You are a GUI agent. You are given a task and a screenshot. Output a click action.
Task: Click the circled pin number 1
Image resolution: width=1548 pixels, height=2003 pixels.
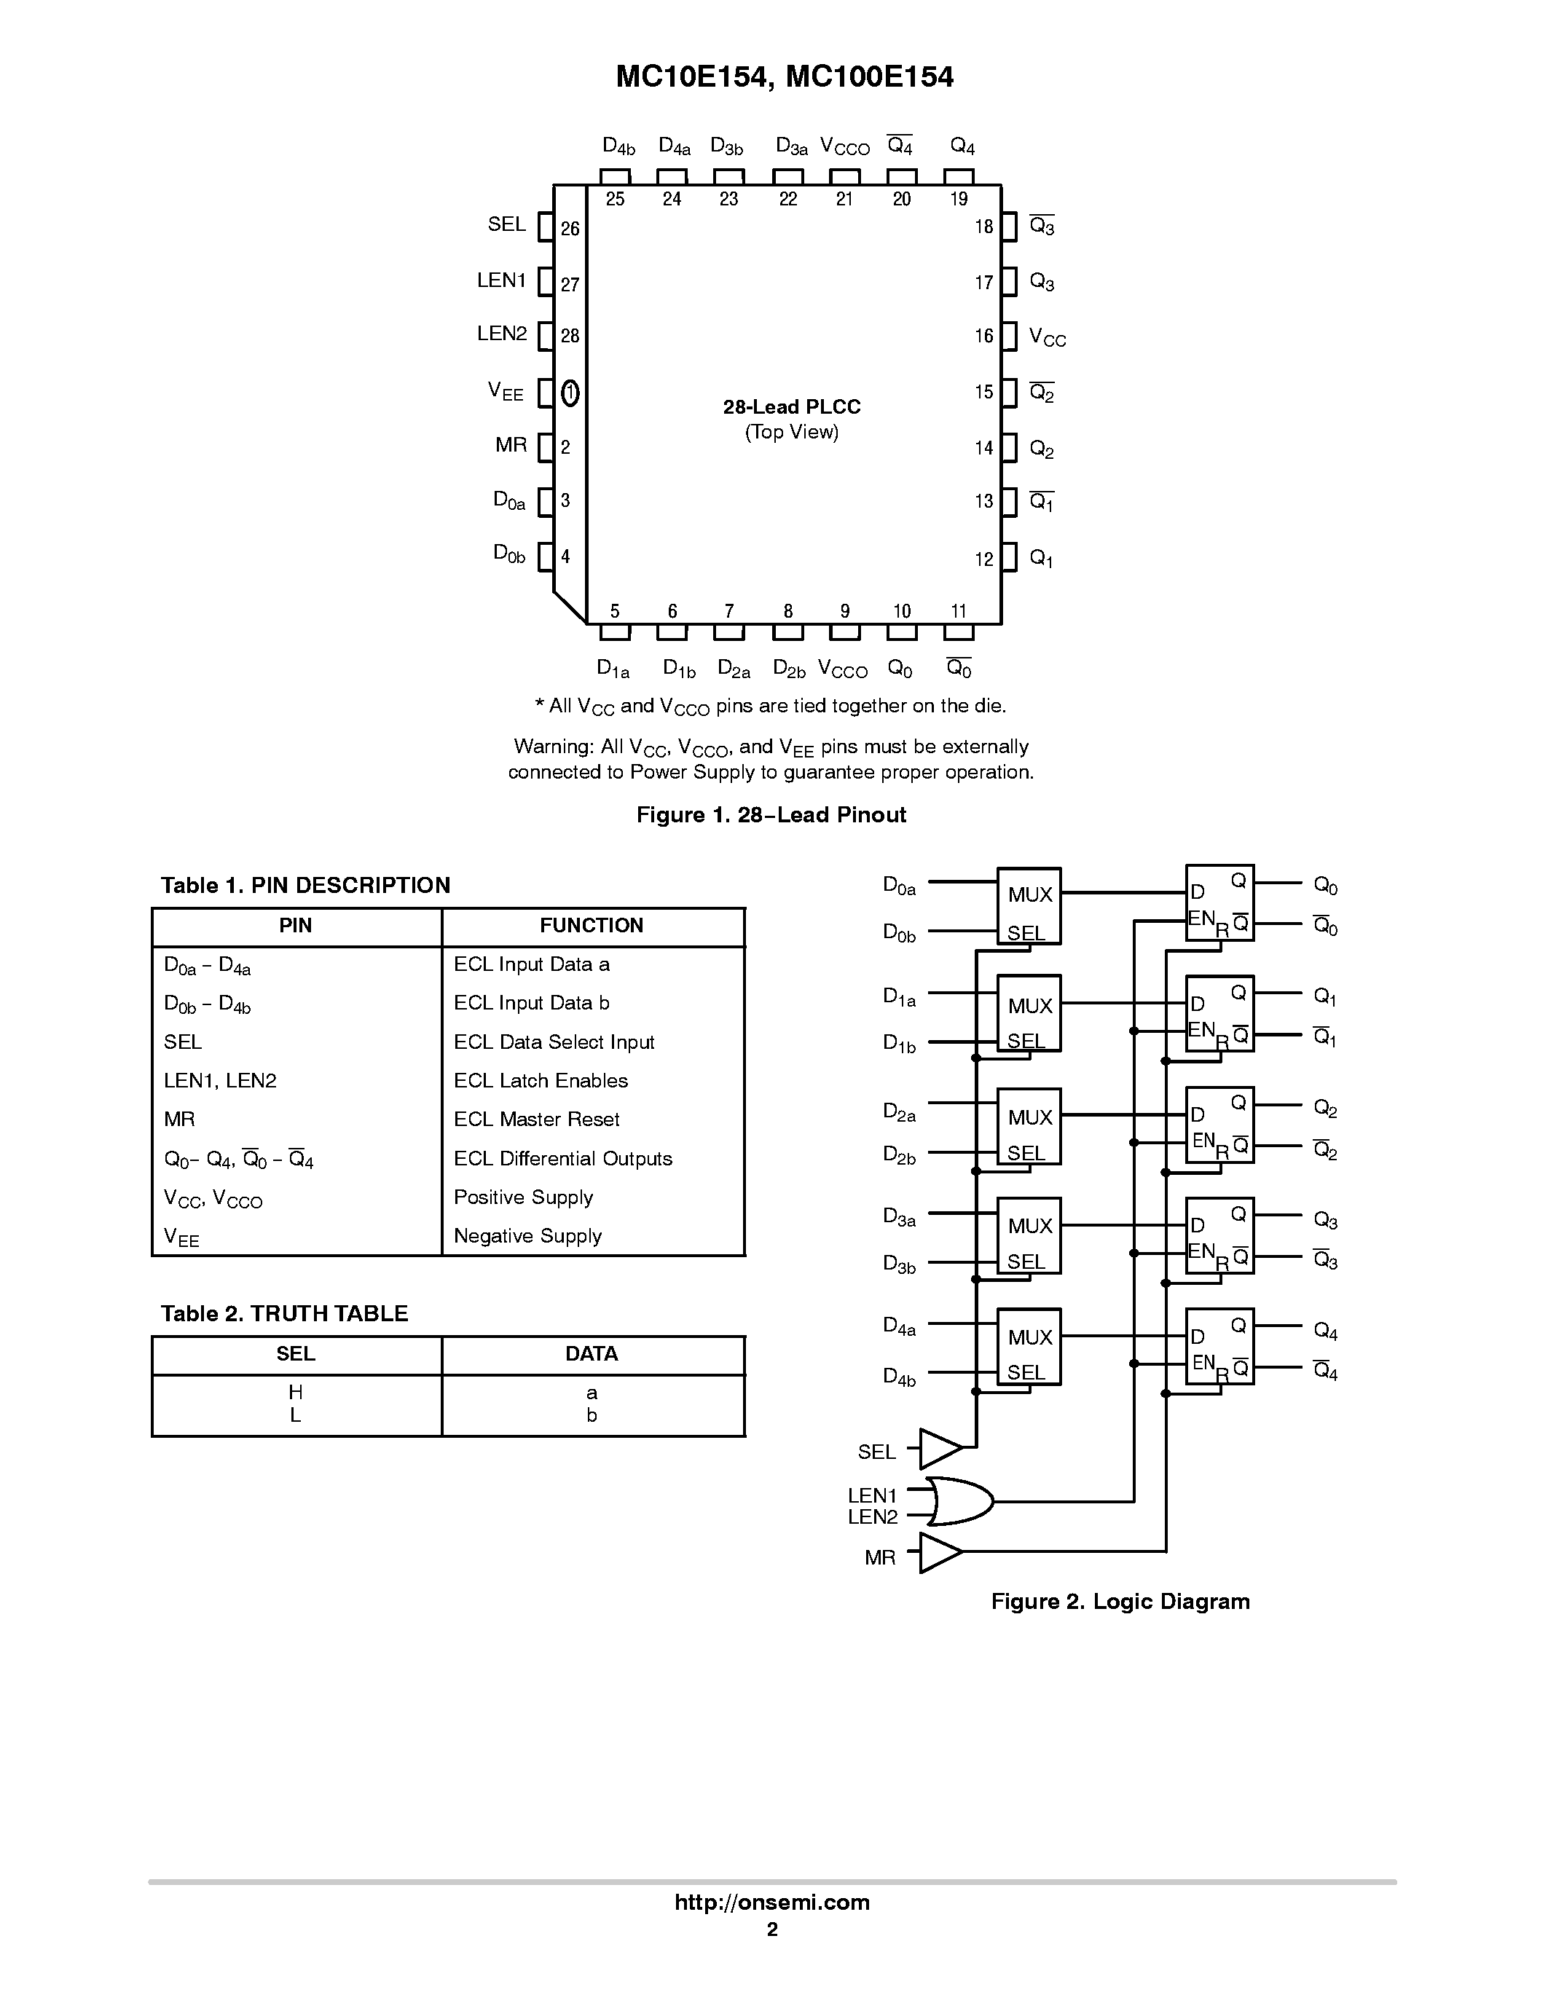pyautogui.click(x=570, y=393)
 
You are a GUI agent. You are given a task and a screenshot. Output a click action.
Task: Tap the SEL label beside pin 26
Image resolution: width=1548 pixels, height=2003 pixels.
pyautogui.click(x=506, y=224)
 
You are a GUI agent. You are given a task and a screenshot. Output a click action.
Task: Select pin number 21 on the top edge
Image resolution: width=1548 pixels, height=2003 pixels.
pyautogui.click(x=844, y=199)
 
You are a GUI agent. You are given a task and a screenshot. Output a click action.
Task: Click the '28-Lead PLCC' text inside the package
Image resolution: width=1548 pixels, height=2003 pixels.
pyautogui.click(x=791, y=406)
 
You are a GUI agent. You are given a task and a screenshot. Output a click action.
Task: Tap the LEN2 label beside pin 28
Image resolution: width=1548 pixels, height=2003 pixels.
pyautogui.click(x=502, y=334)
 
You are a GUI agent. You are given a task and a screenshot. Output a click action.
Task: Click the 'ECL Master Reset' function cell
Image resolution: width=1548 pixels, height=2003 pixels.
pyautogui.click(x=536, y=1119)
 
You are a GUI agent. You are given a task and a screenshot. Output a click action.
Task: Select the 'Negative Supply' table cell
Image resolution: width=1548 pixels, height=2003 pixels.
pyautogui.click(x=527, y=1235)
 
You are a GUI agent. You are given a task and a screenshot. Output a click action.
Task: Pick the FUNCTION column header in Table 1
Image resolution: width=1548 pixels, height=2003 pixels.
pyautogui.click(x=592, y=925)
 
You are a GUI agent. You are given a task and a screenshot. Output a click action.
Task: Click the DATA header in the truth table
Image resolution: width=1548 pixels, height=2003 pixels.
pyautogui.click(x=592, y=1354)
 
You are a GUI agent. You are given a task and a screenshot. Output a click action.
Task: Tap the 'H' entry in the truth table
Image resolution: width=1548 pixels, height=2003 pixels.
pyautogui.click(x=295, y=1392)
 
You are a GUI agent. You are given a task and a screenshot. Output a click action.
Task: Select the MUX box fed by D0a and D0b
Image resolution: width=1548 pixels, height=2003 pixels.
pyautogui.click(x=1029, y=905)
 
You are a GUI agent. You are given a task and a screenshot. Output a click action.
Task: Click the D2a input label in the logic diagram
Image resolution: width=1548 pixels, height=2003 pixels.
pyautogui.click(x=899, y=1111)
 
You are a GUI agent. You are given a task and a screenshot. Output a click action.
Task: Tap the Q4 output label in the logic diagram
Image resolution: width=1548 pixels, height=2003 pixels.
pyautogui.click(x=1325, y=1330)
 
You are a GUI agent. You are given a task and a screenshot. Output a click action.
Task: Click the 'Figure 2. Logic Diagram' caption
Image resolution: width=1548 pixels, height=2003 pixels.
pyautogui.click(x=1120, y=1601)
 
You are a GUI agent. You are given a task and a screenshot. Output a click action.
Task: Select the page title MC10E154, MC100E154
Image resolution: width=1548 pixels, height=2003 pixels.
pyautogui.click(x=784, y=77)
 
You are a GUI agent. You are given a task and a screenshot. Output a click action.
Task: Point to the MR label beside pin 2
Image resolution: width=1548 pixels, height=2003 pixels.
pyautogui.click(x=511, y=445)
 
